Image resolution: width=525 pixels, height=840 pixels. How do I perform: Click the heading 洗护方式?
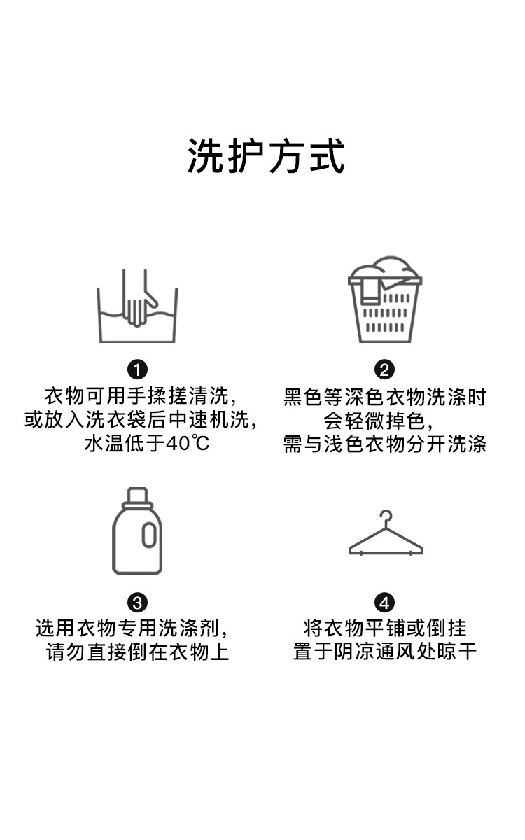(266, 155)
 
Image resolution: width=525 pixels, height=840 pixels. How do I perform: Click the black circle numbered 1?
(138, 370)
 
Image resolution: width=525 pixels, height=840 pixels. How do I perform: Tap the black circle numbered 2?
(385, 370)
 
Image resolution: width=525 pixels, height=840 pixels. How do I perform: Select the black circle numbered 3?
(138, 603)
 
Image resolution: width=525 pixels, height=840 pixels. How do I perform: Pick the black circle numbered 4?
(385, 603)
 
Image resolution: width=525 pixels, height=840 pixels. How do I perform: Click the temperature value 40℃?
(188, 443)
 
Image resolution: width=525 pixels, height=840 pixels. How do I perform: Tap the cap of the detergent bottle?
(137, 496)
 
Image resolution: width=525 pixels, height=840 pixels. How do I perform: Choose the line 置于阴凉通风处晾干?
(385, 653)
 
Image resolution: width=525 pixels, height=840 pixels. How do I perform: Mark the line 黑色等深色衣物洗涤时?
(385, 398)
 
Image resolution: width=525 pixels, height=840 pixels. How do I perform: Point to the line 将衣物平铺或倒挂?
(385, 629)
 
